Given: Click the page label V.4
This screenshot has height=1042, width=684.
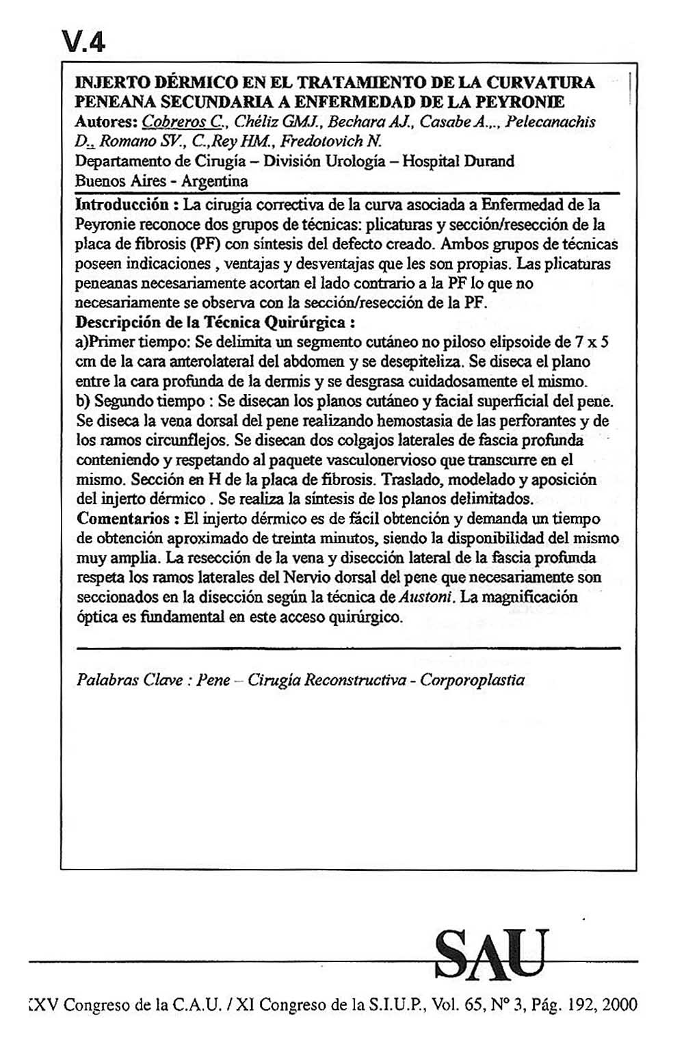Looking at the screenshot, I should (83, 42).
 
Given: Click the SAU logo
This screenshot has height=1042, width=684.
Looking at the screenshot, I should (491, 954).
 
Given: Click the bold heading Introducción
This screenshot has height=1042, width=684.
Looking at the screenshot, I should (121, 205).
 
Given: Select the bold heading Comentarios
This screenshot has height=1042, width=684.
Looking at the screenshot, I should (122, 518).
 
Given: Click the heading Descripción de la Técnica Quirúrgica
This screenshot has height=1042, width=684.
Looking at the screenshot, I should (215, 322).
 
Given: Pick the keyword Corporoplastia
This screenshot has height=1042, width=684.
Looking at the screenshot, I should (473, 680).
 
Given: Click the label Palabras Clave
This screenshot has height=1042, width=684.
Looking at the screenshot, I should (129, 680).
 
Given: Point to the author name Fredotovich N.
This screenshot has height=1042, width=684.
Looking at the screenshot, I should (332, 142).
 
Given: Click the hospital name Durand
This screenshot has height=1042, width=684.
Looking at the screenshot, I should (489, 161).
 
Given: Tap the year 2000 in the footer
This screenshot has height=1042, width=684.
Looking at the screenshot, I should (620, 1005).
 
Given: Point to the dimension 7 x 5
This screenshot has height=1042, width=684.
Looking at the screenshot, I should (592, 342).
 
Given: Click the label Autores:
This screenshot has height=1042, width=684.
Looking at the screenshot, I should (105, 122).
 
